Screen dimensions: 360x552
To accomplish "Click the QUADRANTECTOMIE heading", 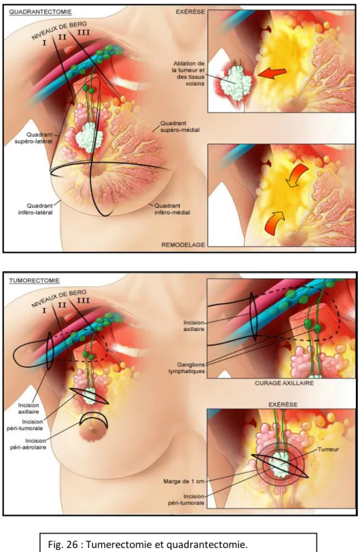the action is pos(40,12).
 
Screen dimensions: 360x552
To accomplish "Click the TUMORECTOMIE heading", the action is pos(34,281).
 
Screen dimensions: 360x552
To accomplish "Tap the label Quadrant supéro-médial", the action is pos(180,126).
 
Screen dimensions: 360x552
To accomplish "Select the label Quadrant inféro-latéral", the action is pos(35,209).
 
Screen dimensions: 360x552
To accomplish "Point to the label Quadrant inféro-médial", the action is pos(173,209).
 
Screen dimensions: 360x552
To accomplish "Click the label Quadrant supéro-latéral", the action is pos(33,138).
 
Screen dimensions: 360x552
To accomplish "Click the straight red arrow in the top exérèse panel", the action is pos(272,73).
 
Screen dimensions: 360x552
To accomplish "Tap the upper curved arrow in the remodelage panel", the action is pos(297,176).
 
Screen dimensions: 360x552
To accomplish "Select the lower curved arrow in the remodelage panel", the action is pos(275,222).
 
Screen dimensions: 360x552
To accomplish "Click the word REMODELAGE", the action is pos(183,245).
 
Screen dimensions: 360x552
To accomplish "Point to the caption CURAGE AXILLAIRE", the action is pos(284,383).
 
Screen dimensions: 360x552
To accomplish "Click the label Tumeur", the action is pos(328,449).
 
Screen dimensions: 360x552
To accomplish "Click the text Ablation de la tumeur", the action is pos(189,67).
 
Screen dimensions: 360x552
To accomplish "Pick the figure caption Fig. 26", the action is pos(147,545).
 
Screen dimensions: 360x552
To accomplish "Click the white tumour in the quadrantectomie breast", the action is pos(88,137).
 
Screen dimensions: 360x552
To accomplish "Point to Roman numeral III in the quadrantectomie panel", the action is pos(83,33).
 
